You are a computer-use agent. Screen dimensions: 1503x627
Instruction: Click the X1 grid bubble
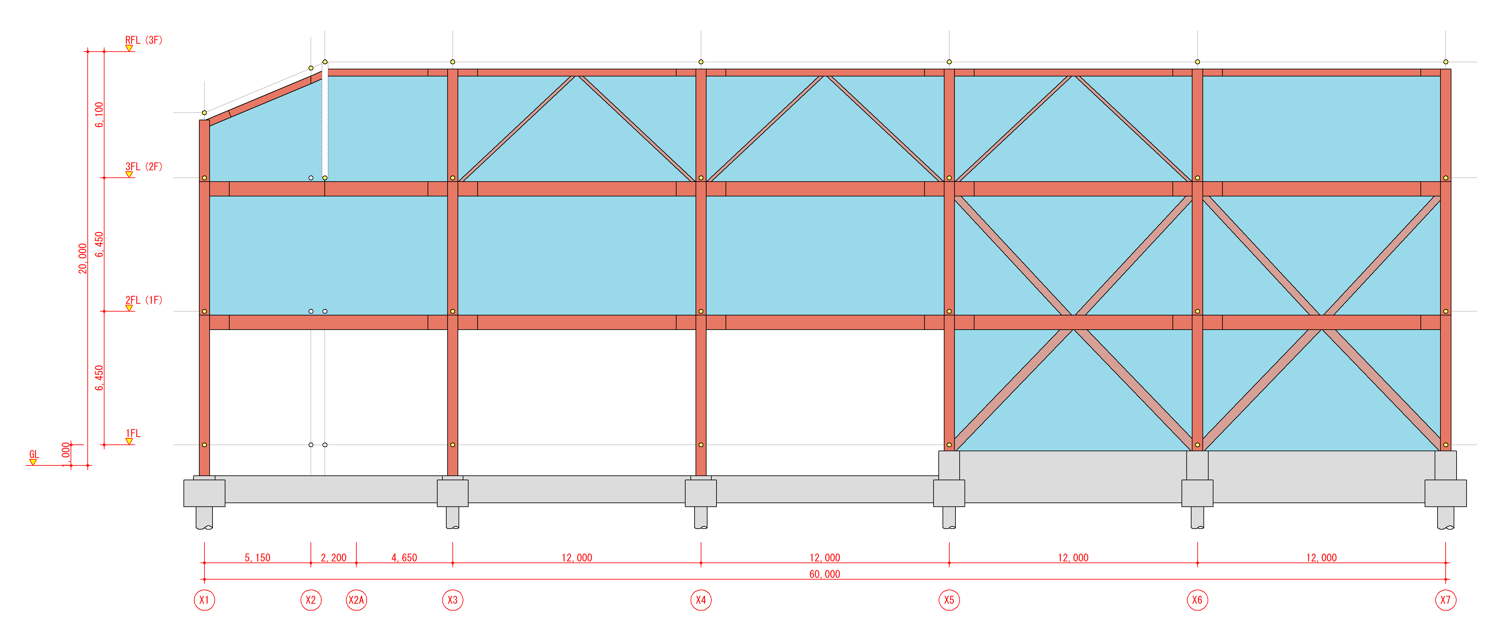[204, 600]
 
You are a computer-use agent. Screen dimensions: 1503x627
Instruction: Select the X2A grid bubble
[357, 600]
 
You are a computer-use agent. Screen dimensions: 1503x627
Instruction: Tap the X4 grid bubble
[701, 600]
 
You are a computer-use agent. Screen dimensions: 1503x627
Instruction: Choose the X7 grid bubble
[1445, 600]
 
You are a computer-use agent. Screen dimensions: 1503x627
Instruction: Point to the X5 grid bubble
[949, 600]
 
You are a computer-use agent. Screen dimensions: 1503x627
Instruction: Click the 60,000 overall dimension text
[825, 574]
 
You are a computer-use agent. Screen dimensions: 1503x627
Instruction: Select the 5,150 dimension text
[257, 558]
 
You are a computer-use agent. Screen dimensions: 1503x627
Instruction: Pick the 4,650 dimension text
[404, 558]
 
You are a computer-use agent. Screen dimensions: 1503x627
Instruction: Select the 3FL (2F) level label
[143, 166]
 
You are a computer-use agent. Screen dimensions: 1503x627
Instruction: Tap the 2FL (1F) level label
[143, 300]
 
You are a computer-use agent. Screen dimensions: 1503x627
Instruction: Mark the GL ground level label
[34, 454]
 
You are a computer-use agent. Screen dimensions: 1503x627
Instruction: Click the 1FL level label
[133, 433]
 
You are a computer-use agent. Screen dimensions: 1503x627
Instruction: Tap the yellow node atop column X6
[1197, 62]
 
